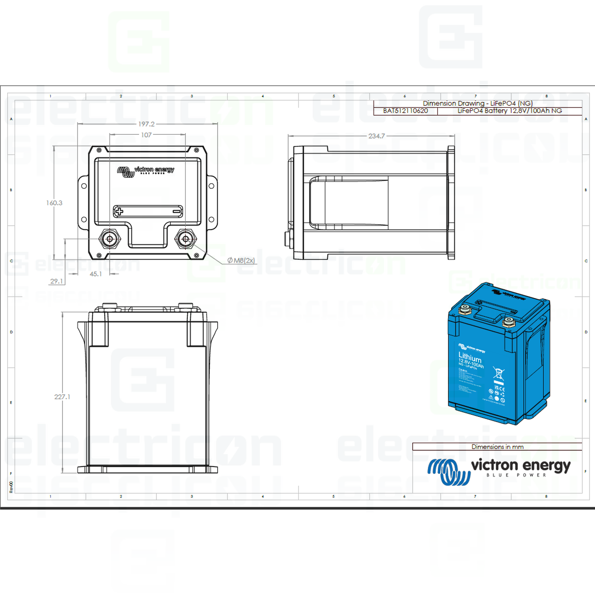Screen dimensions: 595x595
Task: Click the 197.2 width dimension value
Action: click(146, 124)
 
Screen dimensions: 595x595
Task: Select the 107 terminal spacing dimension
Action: click(146, 135)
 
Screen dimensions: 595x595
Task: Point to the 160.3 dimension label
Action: click(54, 203)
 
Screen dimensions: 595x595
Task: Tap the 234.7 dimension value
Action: click(377, 136)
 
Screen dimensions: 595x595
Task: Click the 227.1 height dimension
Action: click(62, 397)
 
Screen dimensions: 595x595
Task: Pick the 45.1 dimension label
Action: click(96, 274)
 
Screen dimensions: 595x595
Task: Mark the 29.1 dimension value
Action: click(57, 281)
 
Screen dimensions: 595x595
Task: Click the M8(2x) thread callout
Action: click(241, 261)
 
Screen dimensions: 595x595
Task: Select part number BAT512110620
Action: click(405, 111)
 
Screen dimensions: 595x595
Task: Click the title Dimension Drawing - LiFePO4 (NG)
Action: click(477, 103)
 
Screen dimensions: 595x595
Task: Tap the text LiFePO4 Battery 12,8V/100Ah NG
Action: click(510, 111)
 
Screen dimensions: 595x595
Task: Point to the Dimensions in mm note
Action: click(497, 447)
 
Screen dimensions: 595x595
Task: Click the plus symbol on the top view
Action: click(119, 211)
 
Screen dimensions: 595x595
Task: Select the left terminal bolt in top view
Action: click(110, 239)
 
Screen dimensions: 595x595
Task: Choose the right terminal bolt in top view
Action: click(185, 239)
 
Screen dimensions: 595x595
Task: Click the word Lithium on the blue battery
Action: click(470, 357)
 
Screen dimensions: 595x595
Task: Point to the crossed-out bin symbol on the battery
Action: click(498, 373)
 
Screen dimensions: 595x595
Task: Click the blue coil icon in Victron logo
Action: click(449, 471)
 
